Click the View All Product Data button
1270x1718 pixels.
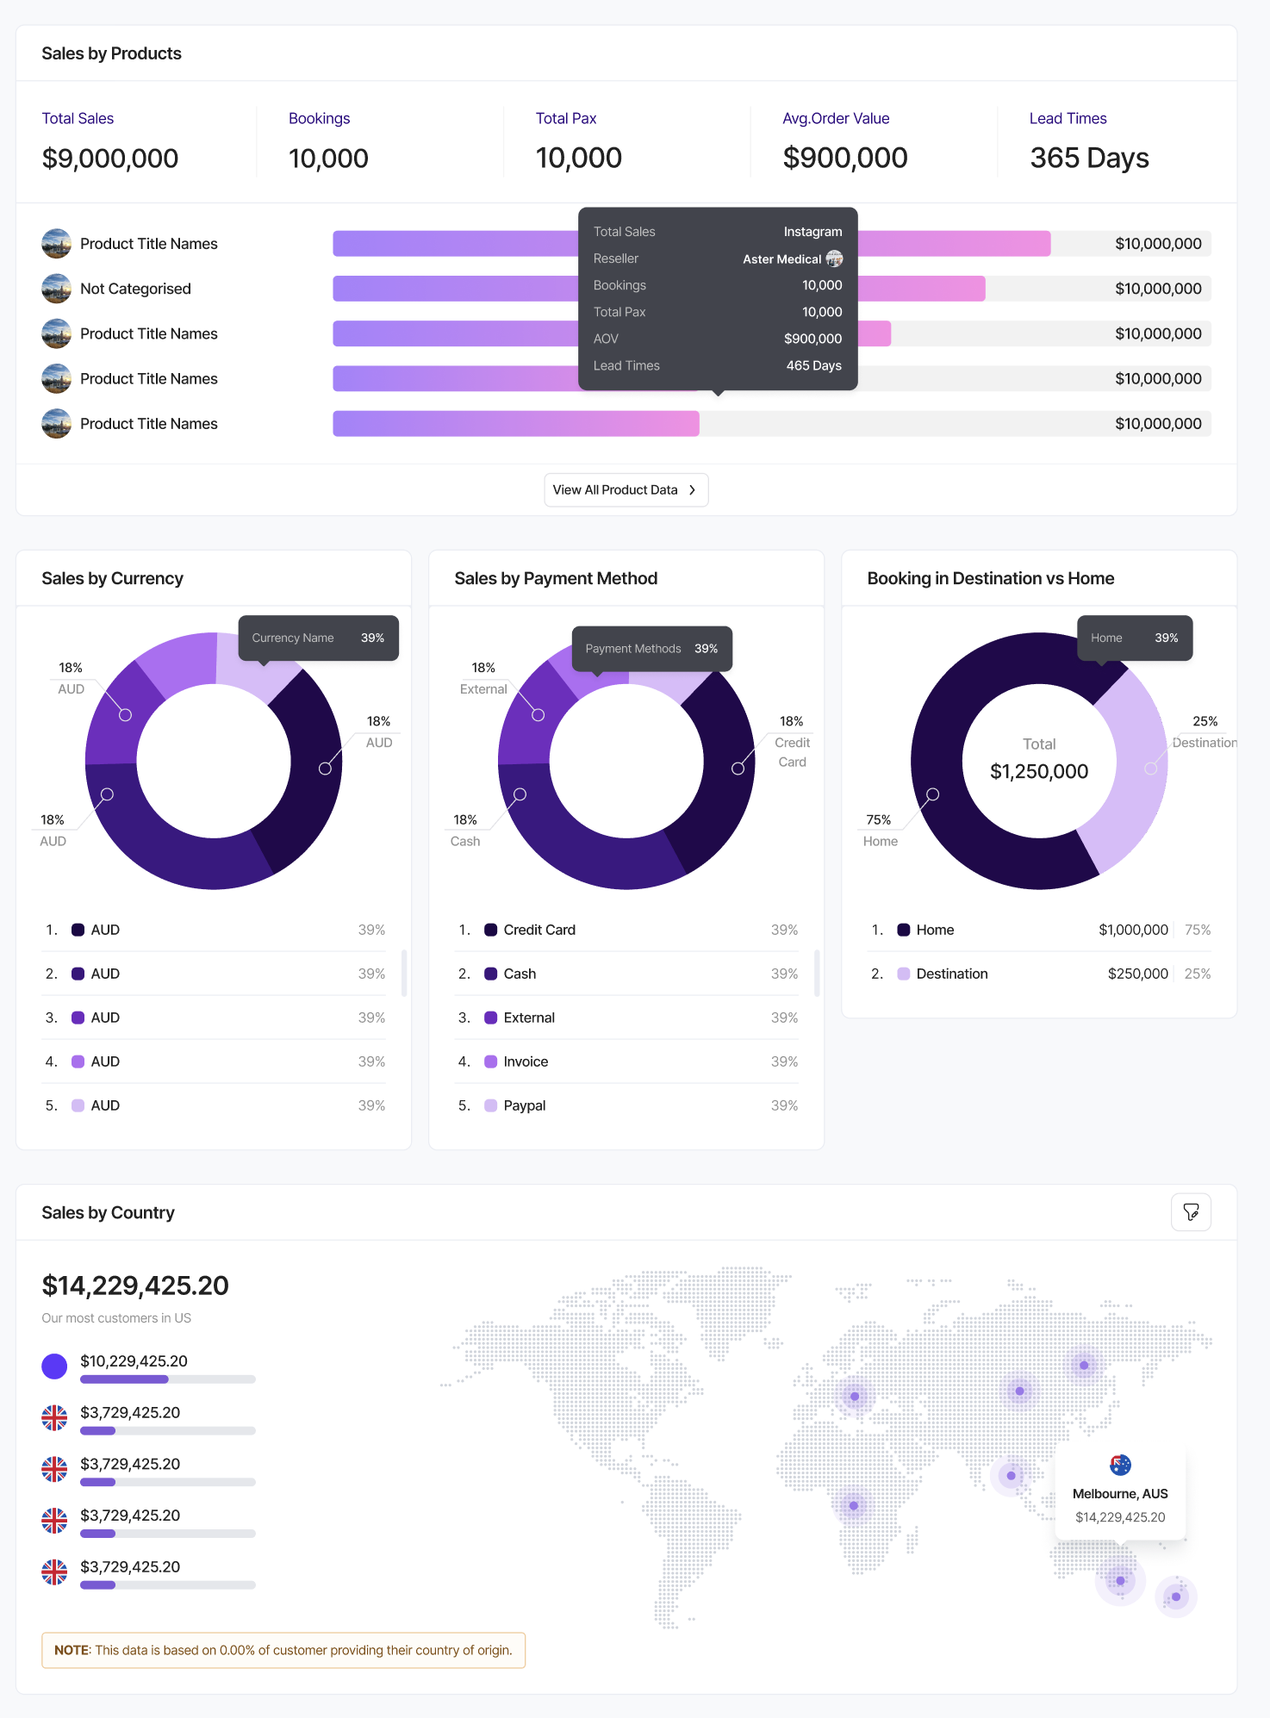coord(626,490)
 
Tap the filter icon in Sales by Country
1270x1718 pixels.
coord(1191,1212)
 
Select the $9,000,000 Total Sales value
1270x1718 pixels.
coord(110,159)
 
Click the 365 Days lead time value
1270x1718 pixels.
coord(1089,159)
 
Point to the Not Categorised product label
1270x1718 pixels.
coord(135,289)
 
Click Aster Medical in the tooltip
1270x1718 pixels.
coord(782,259)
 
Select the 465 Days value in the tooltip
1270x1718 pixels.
coord(813,365)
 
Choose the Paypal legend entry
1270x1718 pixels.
coord(524,1105)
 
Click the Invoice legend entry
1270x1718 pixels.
coord(526,1061)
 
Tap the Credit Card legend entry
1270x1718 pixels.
coord(539,930)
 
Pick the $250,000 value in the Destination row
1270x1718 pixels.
coord(1137,974)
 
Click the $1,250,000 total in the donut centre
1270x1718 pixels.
coord(1039,771)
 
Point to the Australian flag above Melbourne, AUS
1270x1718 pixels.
coord(1120,1465)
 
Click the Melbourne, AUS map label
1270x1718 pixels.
coord(1120,1494)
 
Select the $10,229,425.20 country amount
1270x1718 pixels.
coord(134,1361)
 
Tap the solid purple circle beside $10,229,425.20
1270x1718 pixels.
coord(54,1366)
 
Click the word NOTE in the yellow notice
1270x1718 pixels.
coord(72,1650)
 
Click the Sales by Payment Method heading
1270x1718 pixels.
coord(556,578)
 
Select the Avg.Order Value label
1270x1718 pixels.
coord(836,118)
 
